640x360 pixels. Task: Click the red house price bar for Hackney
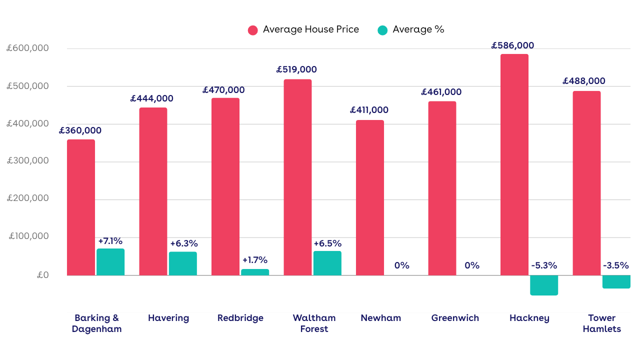514,164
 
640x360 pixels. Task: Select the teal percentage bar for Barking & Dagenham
110,262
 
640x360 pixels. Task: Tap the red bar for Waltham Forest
297,177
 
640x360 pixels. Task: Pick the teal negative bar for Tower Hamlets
616,281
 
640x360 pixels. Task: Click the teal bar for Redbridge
255,272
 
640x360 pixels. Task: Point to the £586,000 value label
512,45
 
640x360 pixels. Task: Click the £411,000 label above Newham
369,110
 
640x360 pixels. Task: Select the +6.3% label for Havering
184,244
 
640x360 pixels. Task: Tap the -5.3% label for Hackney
544,265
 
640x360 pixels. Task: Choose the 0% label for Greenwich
472,265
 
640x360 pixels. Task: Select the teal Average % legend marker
382,30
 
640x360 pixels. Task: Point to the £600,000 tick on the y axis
27,48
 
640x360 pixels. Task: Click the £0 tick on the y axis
42,275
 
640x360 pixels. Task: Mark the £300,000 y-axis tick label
27,161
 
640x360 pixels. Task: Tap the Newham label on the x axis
380,318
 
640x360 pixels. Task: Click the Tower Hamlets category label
601,323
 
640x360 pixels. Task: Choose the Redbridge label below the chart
240,318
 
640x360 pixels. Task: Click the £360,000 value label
80,130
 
